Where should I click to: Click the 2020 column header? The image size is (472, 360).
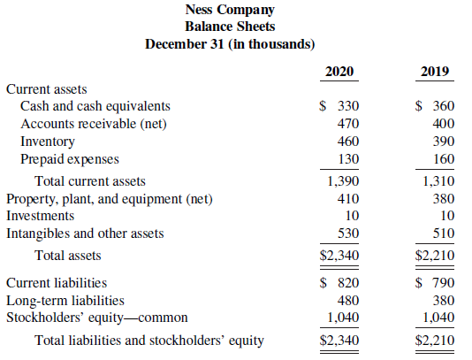pos(339,72)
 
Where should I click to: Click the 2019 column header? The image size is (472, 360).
pos(435,72)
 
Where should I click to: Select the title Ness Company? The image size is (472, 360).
pos(230,11)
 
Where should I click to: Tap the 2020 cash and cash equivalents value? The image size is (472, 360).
pos(339,106)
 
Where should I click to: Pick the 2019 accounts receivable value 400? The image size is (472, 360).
pos(444,124)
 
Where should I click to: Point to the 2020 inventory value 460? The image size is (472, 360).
pos(348,142)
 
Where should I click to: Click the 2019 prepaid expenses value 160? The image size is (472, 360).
pos(444,159)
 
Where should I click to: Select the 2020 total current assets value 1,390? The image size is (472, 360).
pos(344,181)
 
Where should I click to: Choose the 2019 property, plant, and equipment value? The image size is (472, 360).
pos(444,199)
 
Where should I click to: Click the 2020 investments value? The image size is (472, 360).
pos(352,216)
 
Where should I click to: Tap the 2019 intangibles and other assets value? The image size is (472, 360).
pos(444,234)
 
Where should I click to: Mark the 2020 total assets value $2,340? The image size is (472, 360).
pos(339,256)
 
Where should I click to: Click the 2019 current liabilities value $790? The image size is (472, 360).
pos(435,283)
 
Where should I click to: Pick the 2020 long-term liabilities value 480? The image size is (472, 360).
pos(348,301)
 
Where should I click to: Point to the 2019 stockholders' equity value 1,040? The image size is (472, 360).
pos(439,318)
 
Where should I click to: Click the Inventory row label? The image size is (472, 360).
pos(48,142)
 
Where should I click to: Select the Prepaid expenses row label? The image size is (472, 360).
pos(70,159)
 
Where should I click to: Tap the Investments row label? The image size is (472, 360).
pos(41,216)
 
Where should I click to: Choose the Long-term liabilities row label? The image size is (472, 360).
pos(65,301)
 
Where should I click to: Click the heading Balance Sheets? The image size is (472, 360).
pos(230,27)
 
